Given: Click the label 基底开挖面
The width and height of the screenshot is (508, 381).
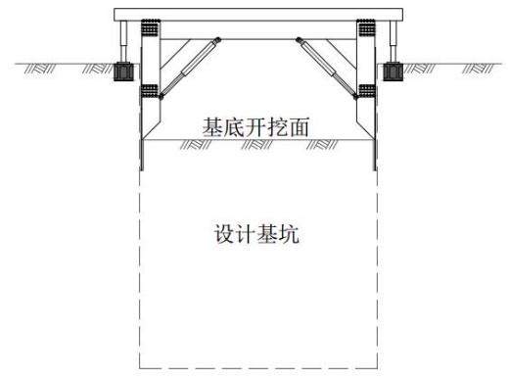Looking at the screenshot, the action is [255, 127].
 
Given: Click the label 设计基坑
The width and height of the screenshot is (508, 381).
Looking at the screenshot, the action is [256, 234].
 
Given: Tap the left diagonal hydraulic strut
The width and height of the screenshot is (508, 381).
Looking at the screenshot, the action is [190, 68].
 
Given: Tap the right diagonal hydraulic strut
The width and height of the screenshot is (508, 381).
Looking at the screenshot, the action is [327, 68].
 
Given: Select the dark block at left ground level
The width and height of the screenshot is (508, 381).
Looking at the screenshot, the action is [123, 71].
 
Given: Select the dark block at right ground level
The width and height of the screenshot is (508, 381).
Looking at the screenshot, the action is [393, 71].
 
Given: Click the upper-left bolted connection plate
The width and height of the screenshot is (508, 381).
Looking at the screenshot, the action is [150, 27].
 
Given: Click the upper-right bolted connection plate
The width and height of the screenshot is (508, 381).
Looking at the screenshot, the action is [366, 27].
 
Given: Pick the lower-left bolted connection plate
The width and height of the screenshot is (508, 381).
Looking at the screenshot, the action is [149, 91].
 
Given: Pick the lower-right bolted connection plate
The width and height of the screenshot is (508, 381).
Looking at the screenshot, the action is [367, 91].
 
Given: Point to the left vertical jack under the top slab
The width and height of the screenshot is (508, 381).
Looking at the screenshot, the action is [123, 41].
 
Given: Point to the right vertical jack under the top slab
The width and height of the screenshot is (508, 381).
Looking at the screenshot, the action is [393, 41].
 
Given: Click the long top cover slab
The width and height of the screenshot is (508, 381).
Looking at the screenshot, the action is [258, 15].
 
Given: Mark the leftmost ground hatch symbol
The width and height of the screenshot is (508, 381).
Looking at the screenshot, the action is [40, 69].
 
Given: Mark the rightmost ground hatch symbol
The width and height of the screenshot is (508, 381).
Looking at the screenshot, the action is [478, 69].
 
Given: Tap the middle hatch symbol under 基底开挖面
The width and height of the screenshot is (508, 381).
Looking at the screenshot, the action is [256, 145].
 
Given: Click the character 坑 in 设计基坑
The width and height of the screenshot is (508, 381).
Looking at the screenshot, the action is [289, 234].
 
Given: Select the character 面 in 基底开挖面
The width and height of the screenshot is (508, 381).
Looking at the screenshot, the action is [299, 127].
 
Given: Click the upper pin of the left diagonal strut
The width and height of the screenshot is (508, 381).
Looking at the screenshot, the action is [217, 40].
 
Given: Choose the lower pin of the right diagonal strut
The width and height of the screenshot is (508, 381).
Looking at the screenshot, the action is [355, 96].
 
